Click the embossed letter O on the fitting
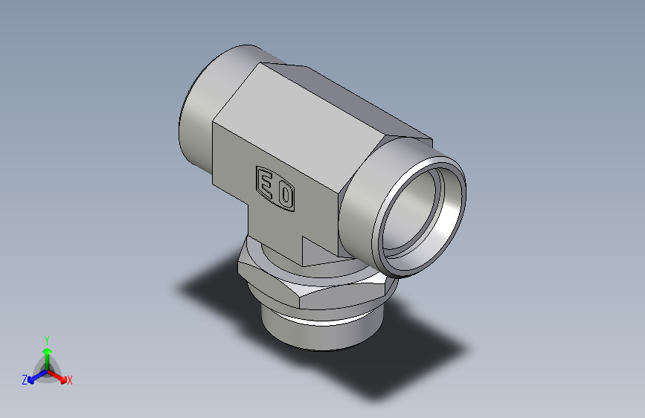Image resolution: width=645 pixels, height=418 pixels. (286, 196)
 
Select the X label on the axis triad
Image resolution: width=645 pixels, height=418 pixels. (69, 381)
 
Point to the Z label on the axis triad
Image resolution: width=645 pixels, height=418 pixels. (24, 380)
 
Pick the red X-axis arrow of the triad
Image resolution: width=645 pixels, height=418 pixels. (59, 376)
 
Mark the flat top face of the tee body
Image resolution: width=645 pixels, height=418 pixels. (312, 112)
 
